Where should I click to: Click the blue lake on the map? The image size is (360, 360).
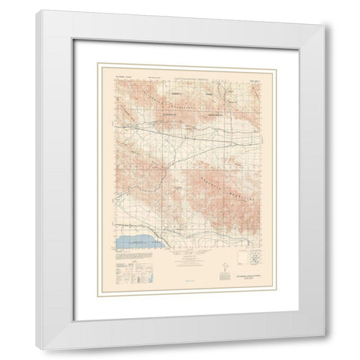pos(133,242)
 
